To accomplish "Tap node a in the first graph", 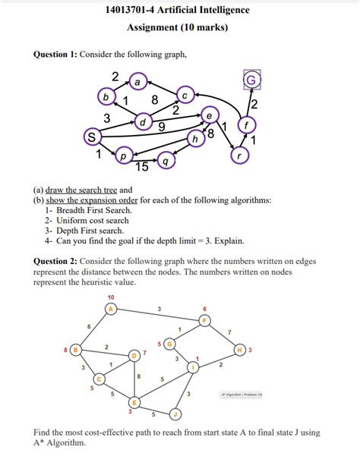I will [137, 80].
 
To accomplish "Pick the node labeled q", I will [166, 161].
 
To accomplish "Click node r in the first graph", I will [240, 154].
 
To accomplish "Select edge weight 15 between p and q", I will [141, 165].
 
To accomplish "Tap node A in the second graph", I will [111, 309].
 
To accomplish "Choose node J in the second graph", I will [175, 415].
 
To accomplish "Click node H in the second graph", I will [240, 350].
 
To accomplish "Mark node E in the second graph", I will [134, 402].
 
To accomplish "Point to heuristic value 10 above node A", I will [111, 297].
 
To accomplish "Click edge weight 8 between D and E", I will [138, 376].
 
